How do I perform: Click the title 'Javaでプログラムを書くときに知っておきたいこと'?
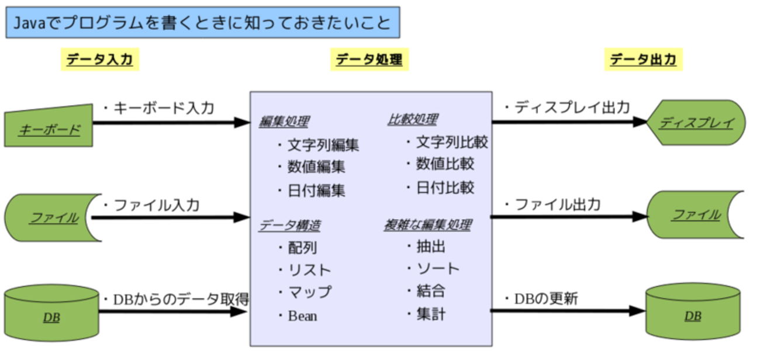pyautogui.click(x=203, y=23)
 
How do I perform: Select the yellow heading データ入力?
pyautogui.click(x=100, y=59)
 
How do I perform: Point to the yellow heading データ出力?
pyautogui.click(x=643, y=59)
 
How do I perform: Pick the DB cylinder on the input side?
pyautogui.click(x=51, y=316)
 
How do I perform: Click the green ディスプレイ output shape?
pyautogui.click(x=696, y=123)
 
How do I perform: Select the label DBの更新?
pyautogui.click(x=545, y=299)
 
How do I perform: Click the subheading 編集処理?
pyautogui.click(x=284, y=122)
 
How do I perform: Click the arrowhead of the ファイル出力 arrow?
pyautogui.click(x=640, y=216)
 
